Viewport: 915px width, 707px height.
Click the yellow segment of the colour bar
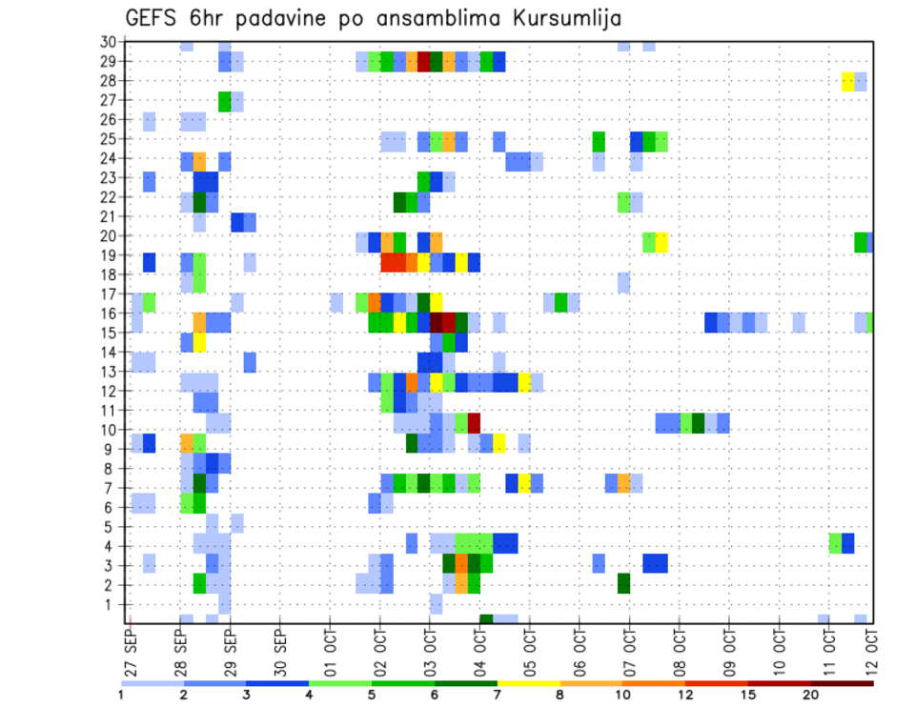point(529,683)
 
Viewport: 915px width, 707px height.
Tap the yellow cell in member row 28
point(848,82)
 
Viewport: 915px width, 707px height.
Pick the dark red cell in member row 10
point(474,422)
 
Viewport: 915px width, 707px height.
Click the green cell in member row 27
point(225,101)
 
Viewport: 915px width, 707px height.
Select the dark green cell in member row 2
point(623,583)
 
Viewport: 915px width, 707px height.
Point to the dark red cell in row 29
point(424,62)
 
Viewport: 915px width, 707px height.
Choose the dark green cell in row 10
point(698,422)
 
